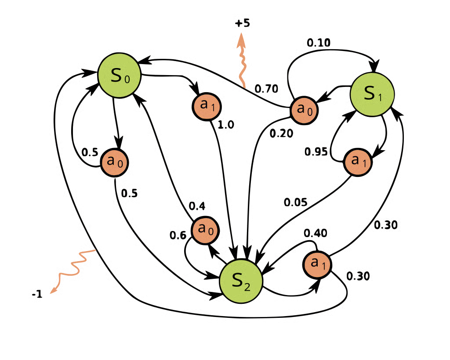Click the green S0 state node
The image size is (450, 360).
coord(118,76)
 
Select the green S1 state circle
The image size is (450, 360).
coord(372,94)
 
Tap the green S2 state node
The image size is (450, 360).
coord(241,281)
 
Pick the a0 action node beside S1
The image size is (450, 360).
coord(304,109)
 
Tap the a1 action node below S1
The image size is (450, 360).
coord(358,162)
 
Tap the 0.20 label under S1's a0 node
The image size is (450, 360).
coord(280,132)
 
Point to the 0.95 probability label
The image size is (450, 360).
coord(295,202)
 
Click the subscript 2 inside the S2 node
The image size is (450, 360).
coord(247,287)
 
